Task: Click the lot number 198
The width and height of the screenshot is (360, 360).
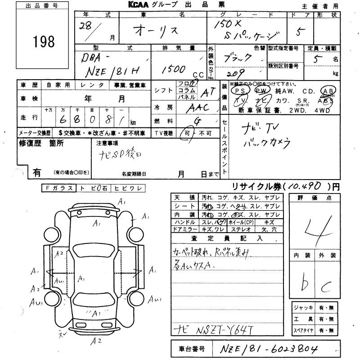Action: (44, 42)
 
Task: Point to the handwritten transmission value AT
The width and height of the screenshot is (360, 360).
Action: (197, 91)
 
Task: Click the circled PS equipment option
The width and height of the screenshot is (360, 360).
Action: (239, 90)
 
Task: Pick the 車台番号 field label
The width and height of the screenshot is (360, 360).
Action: (189, 349)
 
